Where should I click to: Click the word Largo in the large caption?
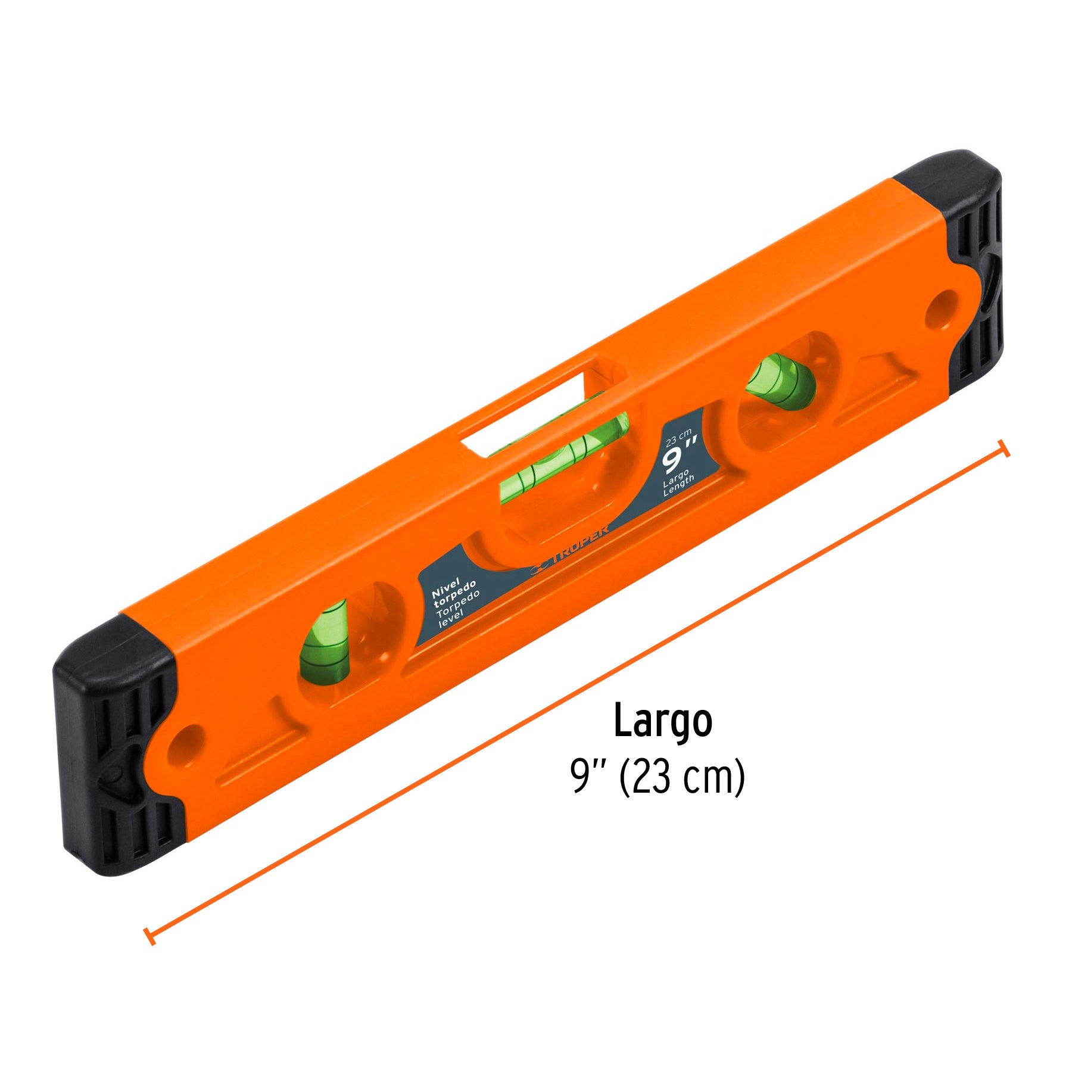pyautogui.click(x=662, y=721)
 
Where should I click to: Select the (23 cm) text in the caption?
pyautogui.click(x=682, y=777)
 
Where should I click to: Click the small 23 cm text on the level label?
pyautogui.click(x=678, y=438)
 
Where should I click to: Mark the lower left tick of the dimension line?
pyautogui.click(x=149, y=936)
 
